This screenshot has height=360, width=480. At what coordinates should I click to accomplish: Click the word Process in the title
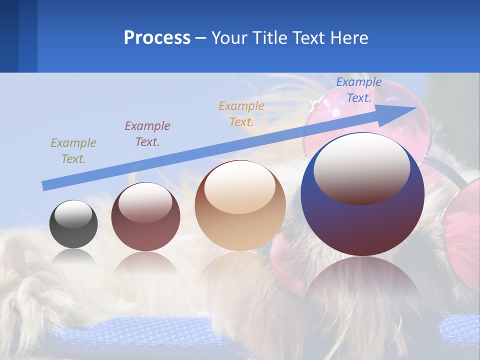pyautogui.click(x=157, y=38)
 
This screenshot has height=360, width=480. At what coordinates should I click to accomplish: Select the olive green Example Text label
pyautogui.click(x=73, y=150)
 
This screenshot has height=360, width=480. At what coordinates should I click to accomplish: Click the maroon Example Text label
pyautogui.click(x=147, y=133)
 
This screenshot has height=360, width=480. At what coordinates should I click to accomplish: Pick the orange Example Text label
pyautogui.click(x=241, y=113)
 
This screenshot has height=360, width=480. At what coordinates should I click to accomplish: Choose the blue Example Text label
pyautogui.click(x=358, y=90)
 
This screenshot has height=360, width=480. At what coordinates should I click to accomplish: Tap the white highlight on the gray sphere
pyautogui.click(x=73, y=214)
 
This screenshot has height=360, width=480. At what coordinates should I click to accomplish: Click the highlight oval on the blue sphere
pyautogui.click(x=361, y=168)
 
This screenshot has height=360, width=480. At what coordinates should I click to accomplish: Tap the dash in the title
pyautogui.click(x=200, y=38)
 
